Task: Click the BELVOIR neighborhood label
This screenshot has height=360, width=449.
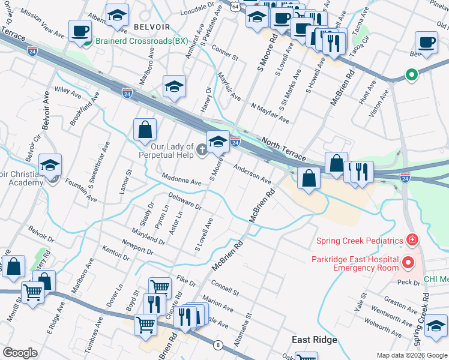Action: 152,27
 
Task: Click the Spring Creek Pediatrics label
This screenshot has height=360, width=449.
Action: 360,241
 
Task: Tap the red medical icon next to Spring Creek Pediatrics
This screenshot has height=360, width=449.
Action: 412,241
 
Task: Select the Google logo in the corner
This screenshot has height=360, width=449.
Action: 20,353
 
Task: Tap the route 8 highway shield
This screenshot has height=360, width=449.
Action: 217,344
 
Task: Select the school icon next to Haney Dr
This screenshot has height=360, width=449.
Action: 174,87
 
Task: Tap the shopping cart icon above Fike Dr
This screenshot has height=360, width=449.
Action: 160,288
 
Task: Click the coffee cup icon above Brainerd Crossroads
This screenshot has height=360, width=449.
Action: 80,31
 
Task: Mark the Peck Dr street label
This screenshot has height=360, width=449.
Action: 408,282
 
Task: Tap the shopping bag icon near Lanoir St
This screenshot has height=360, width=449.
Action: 145,129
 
